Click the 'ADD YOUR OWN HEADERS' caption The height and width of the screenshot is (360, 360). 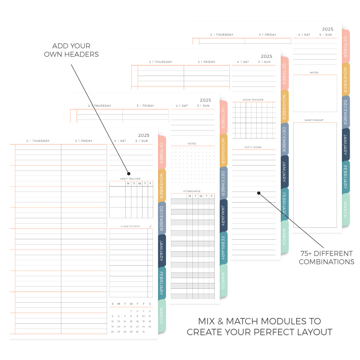point(71,50)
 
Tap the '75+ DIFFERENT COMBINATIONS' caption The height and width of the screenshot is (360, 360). point(326,257)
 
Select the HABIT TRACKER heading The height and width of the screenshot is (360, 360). point(130,179)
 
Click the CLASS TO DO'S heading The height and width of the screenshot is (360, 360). point(130,226)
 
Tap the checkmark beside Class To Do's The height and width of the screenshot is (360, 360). point(150,226)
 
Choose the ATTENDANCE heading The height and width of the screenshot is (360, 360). point(192,191)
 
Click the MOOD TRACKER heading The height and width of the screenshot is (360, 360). point(253,100)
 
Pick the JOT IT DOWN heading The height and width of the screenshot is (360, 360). point(253,147)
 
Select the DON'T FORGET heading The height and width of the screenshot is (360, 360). point(314,120)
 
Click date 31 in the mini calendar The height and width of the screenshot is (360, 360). point(143,332)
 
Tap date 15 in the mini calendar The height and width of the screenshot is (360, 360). point(131,321)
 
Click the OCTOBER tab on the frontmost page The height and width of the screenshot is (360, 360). point(161,152)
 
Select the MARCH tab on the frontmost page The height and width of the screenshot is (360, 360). point(161,316)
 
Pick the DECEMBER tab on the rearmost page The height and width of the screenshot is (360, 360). point(345,112)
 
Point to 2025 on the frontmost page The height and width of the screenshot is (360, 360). point(144,135)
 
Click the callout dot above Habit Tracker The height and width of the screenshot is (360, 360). point(129,173)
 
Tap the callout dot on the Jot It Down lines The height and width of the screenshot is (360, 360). point(259,192)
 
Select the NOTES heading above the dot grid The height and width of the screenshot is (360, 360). point(192,144)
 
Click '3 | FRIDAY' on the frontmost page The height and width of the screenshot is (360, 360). point(84,141)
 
